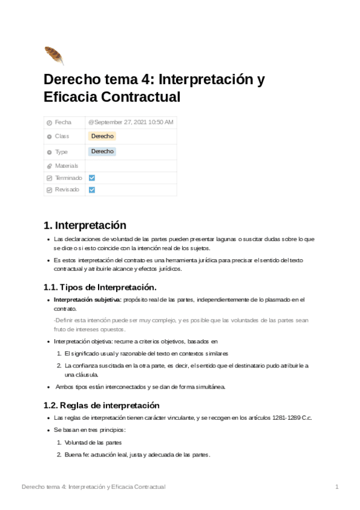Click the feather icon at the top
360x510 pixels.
click(x=53, y=55)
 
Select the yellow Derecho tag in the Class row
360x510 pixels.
click(x=102, y=137)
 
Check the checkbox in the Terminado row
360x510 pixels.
click(x=92, y=178)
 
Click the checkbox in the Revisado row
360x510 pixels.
click(x=92, y=189)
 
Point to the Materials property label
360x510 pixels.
click(x=67, y=165)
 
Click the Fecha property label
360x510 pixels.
click(x=63, y=122)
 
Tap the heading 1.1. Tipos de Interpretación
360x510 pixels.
click(x=100, y=287)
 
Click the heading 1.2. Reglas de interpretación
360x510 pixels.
click(x=101, y=405)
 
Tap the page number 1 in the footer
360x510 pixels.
click(x=337, y=486)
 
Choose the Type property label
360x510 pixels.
click(x=62, y=152)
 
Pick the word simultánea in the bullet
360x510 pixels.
click(x=207, y=387)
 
